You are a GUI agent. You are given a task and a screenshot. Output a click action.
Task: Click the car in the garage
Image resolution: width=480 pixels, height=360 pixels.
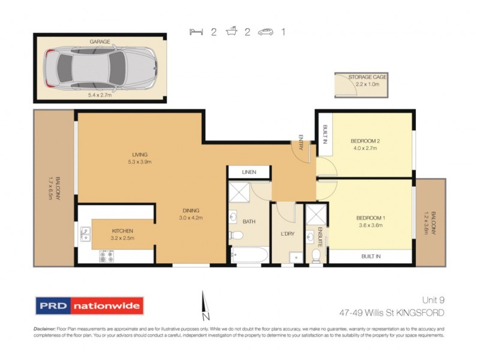(100, 67)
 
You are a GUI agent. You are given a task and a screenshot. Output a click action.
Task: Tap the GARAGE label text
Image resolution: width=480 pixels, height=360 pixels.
(100, 42)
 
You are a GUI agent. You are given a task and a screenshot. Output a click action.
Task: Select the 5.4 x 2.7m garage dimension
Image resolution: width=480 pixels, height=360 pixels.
(100, 94)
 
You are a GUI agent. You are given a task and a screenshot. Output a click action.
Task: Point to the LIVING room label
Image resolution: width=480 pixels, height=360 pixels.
(140, 154)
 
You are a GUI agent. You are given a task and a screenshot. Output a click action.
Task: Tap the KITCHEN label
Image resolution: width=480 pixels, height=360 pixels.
(122, 230)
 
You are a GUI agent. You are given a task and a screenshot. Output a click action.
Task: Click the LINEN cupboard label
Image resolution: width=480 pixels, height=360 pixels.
(248, 172)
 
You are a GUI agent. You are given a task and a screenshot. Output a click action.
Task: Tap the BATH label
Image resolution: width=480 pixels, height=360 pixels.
(249, 221)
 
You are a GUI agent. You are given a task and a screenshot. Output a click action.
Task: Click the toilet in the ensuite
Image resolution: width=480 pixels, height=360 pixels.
(316, 256)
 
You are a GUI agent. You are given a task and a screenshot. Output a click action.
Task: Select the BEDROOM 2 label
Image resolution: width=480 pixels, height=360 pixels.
(365, 142)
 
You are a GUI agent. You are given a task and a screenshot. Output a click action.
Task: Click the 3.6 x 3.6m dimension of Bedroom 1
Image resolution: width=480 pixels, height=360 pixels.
(370, 225)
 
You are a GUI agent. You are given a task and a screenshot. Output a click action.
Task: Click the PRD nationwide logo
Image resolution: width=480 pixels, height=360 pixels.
(89, 305)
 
